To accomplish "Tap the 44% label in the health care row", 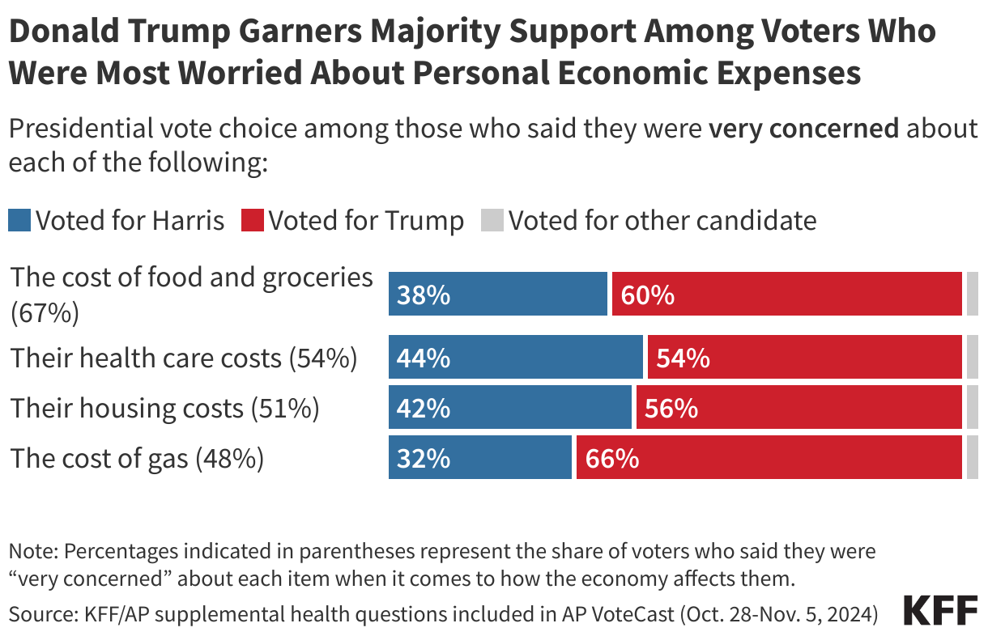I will point(424,358).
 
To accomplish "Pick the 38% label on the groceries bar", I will point(424,295).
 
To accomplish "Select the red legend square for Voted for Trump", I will point(253,220).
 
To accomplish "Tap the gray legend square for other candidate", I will point(492,220).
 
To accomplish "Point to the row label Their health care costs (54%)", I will point(184,358).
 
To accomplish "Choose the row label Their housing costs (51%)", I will point(165,409).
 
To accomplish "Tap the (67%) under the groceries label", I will point(45,313).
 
